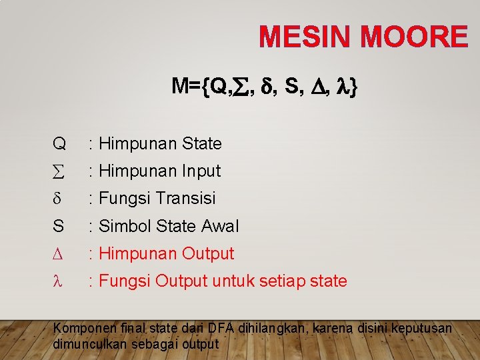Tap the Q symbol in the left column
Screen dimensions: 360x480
pyautogui.click(x=59, y=143)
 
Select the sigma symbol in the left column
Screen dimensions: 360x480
pyautogui.click(x=58, y=171)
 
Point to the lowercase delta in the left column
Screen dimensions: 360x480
pyautogui.click(x=57, y=199)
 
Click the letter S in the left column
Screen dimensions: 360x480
pyautogui.click(x=58, y=226)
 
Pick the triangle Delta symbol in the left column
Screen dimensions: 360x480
pyautogui.click(x=57, y=254)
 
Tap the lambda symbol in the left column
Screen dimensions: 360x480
pyautogui.click(x=57, y=281)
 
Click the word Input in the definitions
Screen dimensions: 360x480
pyautogui.click(x=200, y=171)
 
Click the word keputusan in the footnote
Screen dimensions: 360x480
pyautogui.click(x=421, y=329)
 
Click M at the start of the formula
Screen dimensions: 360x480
pyautogui.click(x=179, y=86)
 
